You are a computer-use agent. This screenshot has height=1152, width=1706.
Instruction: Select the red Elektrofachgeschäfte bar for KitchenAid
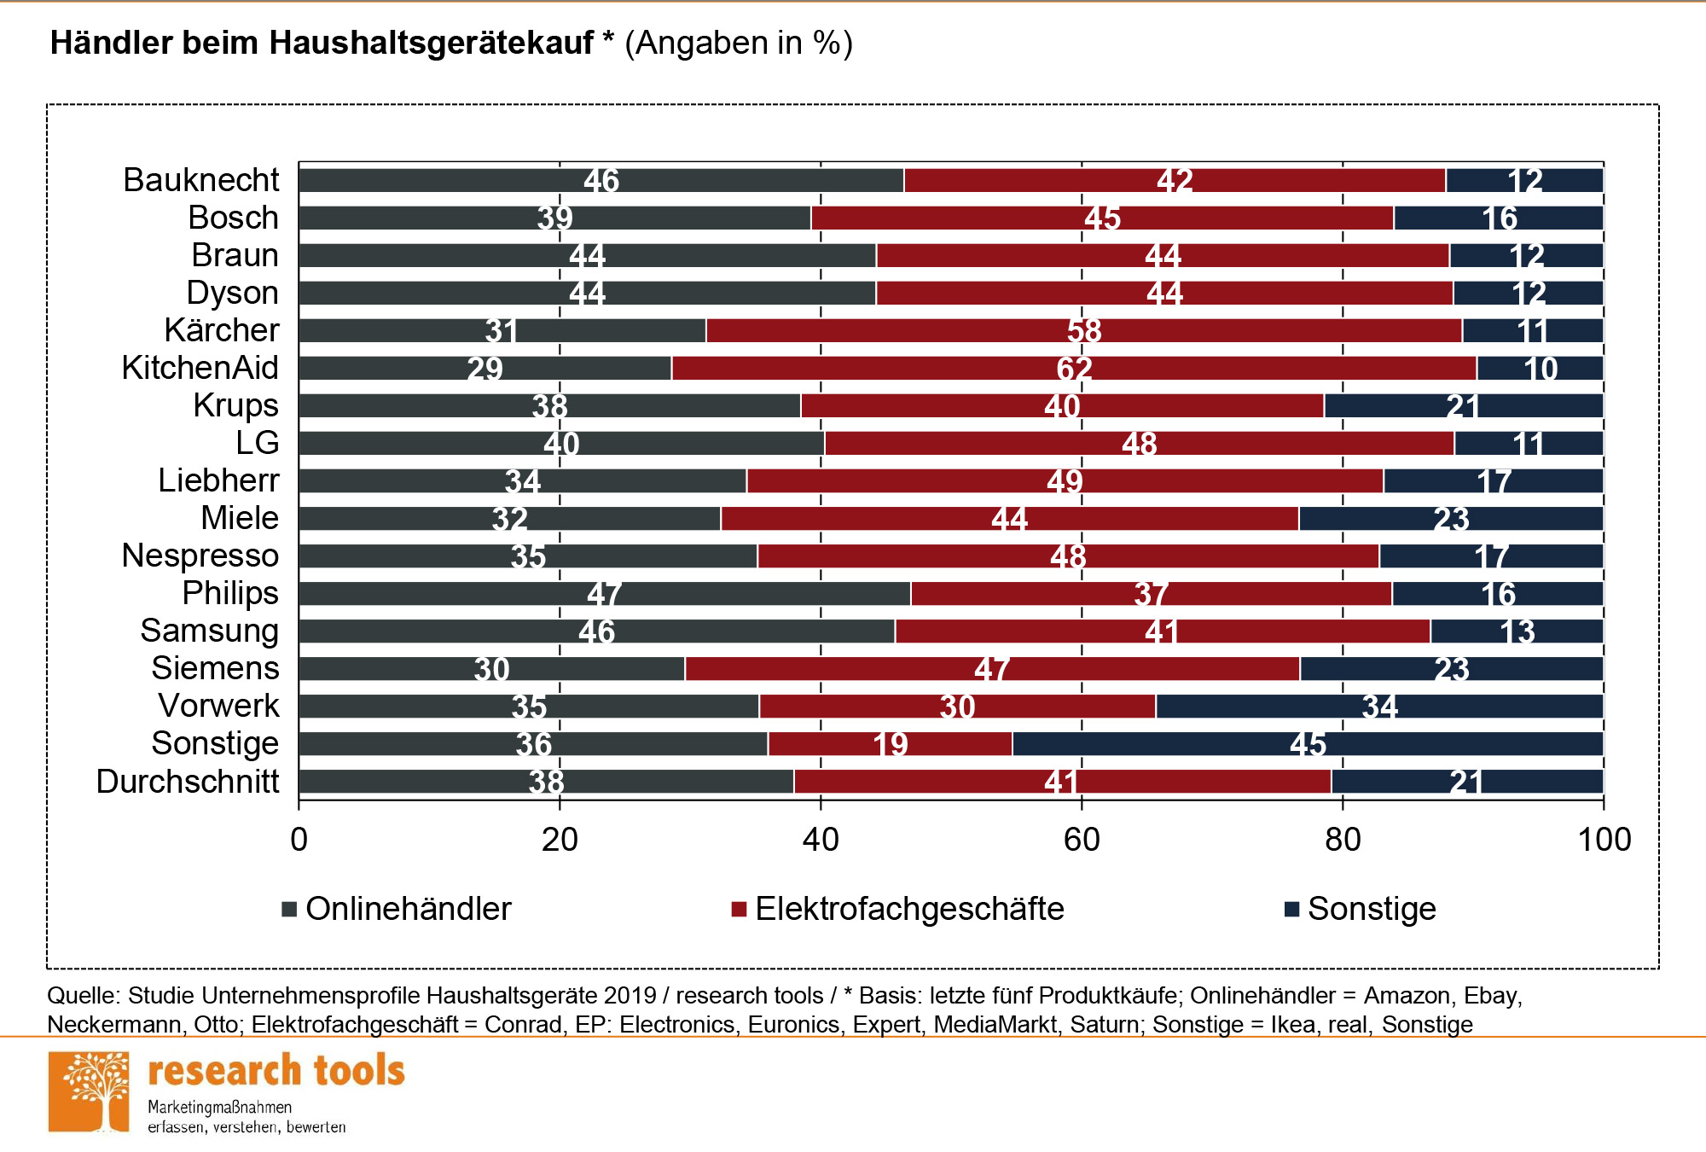pos(938,368)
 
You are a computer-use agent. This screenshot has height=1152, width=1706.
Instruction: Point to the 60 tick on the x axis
pos(1082,840)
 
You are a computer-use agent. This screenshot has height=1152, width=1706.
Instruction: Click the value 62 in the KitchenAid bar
pos(1074,369)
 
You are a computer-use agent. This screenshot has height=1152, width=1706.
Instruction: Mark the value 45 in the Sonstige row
pos(1308,744)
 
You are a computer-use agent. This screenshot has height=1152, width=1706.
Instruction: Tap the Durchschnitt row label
pos(188,782)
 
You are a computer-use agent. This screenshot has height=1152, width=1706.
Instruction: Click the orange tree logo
pos(89,1092)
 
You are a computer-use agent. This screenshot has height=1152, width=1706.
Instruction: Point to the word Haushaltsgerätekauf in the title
pos(431,43)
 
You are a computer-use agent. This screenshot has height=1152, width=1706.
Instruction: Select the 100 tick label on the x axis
pos(1604,840)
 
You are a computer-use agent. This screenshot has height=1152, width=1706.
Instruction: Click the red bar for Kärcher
pos(938,330)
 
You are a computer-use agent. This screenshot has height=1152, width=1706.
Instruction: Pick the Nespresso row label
pos(200,556)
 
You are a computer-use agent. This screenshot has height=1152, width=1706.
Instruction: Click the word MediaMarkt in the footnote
pos(995,1024)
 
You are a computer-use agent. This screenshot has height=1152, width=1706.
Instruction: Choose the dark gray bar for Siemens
pos(384,669)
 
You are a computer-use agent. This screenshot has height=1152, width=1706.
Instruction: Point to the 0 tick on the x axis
pos(299,840)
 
